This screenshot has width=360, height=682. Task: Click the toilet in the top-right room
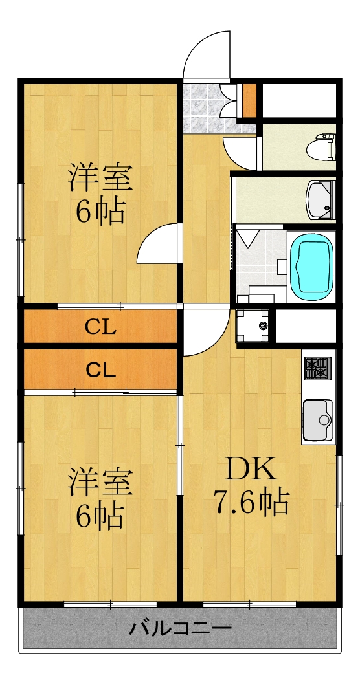[x=324, y=146]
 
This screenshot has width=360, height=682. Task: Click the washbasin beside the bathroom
[x=320, y=199]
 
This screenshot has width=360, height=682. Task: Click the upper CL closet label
[x=101, y=327]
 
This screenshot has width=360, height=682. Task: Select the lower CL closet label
[x=101, y=370]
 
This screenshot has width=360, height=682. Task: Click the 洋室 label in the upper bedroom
[x=101, y=177]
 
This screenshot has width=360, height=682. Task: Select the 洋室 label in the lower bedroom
[x=101, y=482]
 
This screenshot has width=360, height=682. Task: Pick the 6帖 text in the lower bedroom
[x=101, y=516]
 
